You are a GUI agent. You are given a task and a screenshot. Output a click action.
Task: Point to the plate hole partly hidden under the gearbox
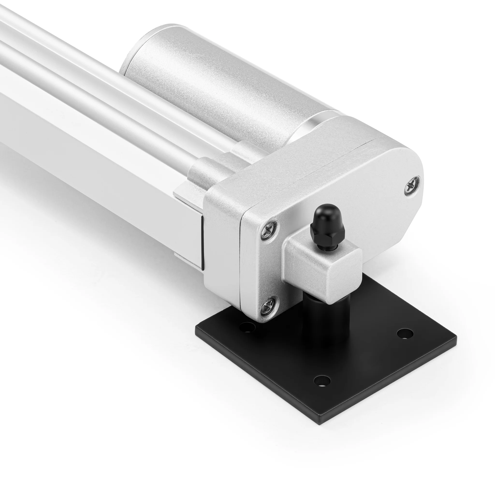click(x=247, y=328)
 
